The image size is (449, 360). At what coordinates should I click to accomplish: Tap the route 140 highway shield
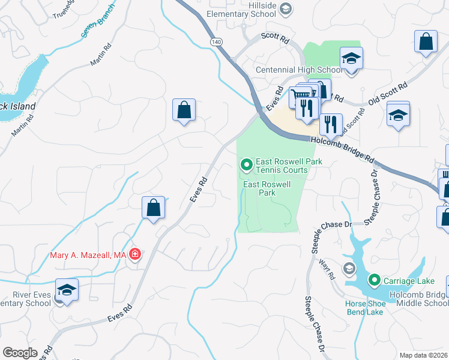[216, 41]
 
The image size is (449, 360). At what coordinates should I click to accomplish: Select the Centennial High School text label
[298, 70]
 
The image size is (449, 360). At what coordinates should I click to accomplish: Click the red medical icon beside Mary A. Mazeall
[135, 255]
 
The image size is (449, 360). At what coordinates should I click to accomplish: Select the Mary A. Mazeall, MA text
[88, 255]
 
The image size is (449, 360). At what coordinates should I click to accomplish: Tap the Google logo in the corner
[20, 353]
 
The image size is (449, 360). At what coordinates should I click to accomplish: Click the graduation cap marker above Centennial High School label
[351, 59]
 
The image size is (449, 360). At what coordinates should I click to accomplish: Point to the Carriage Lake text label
[406, 280]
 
